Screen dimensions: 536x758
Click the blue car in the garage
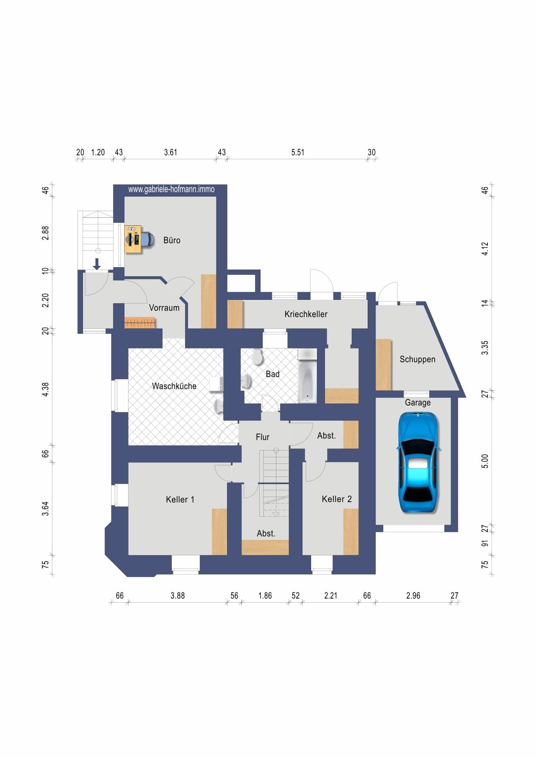[418, 462]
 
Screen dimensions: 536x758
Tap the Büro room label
[172, 240]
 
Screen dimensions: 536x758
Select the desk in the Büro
[133, 239]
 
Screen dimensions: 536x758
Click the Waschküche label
[174, 386]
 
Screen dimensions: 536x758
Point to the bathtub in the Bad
[307, 382]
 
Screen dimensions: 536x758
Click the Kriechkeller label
[306, 314]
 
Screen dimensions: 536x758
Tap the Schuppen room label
[417, 359]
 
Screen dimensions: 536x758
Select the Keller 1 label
[180, 499]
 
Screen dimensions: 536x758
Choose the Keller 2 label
[337, 499]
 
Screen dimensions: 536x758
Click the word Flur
[263, 437]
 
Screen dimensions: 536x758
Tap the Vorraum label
[164, 308]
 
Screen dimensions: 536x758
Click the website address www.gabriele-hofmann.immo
[171, 189]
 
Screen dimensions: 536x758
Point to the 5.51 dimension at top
[298, 152]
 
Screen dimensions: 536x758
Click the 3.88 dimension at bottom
[178, 596]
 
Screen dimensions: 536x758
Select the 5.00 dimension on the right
[485, 461]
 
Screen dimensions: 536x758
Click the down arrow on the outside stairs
[97, 264]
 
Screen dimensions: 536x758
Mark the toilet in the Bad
[257, 356]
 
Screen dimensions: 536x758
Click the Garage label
[417, 402]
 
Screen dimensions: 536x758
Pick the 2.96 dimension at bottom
[413, 596]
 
